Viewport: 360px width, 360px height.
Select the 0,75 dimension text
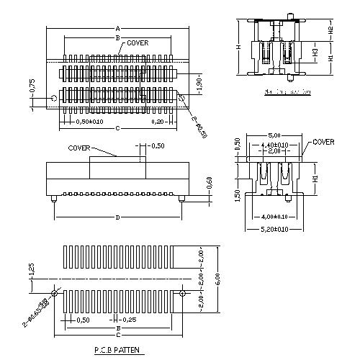[32, 85]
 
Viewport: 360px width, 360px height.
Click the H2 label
[330, 31]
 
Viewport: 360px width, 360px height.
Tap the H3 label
[316, 53]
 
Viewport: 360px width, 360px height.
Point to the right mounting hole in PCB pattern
[183, 294]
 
